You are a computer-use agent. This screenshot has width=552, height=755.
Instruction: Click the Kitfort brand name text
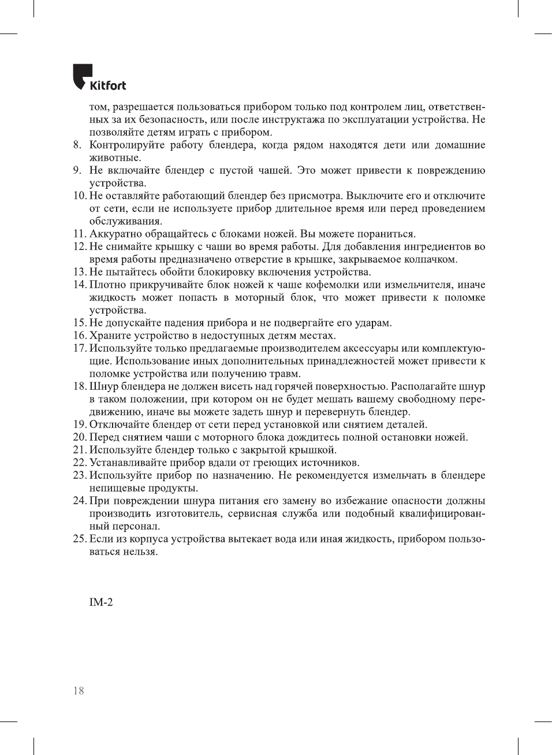[108, 85]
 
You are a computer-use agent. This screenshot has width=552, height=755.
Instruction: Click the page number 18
[79, 690]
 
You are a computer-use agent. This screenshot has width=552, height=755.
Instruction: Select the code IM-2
[101, 602]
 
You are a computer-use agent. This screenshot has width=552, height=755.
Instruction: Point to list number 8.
[77, 145]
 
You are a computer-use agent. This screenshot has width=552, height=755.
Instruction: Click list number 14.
[80, 285]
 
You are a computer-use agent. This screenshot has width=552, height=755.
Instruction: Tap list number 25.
[80, 539]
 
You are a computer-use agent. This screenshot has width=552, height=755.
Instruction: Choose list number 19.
[80, 425]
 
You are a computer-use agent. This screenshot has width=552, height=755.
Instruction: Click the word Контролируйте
[126, 145]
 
